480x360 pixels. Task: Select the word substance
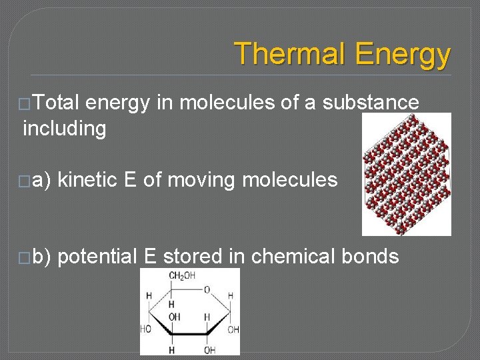click(x=371, y=103)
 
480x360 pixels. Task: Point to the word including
click(x=65, y=127)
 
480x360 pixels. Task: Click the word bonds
click(x=371, y=257)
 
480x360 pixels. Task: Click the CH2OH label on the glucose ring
click(x=181, y=276)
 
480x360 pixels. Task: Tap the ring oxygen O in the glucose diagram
click(x=207, y=290)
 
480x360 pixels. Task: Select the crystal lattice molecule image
click(x=406, y=174)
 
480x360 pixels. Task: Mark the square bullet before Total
click(x=26, y=103)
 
